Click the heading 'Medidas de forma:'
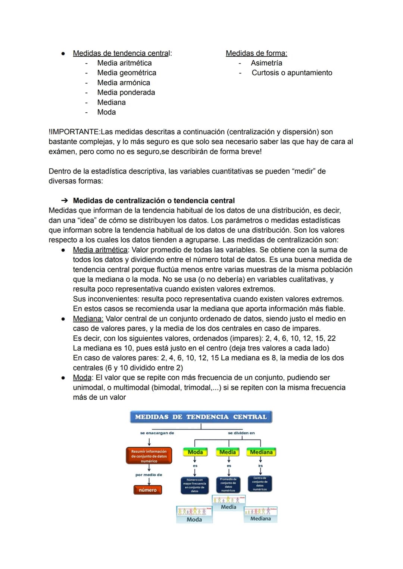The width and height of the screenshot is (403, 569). point(256,53)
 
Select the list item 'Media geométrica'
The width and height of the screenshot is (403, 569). point(126,73)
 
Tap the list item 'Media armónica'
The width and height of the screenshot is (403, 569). point(124,83)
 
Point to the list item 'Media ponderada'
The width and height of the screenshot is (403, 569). point(126,93)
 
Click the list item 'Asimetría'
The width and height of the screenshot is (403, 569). point(266,63)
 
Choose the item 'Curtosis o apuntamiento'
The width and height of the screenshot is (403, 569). point(292,73)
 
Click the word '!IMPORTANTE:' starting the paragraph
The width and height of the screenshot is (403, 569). point(74,132)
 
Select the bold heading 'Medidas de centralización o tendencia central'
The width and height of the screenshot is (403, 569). point(154,201)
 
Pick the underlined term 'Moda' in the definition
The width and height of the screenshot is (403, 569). point(82,378)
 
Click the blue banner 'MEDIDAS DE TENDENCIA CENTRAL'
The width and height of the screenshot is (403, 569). point(201,417)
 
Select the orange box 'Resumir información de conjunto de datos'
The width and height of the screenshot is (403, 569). point(149,456)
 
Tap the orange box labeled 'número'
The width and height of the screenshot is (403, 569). point(148,490)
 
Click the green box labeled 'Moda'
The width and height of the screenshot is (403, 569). point(195,452)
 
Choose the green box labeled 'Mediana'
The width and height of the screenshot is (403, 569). point(261,452)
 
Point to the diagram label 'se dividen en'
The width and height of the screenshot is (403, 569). point(241,433)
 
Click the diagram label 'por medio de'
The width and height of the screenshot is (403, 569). point(149,475)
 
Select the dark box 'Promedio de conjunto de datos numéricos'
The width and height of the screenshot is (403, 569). point(228,485)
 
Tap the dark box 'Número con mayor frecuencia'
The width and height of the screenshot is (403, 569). point(194,485)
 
